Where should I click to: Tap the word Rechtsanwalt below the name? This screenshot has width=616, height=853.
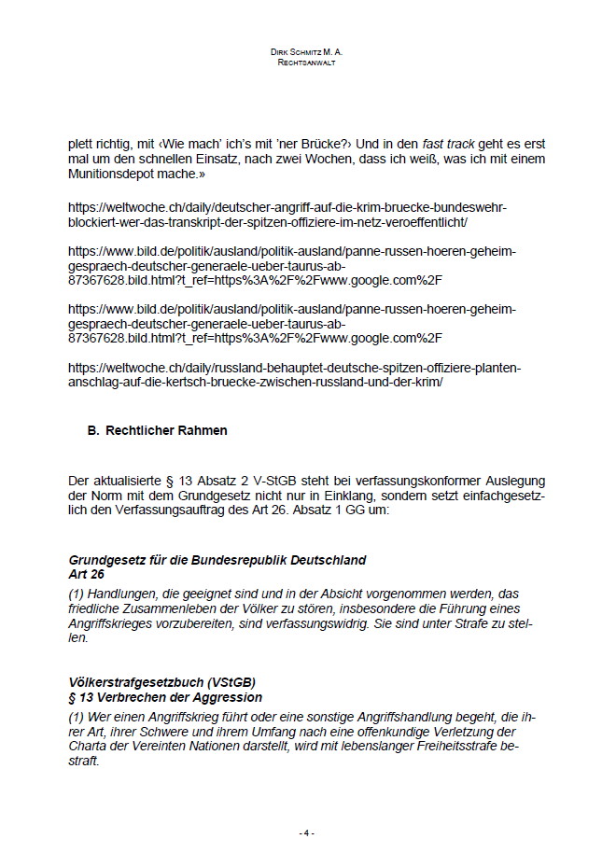(307, 63)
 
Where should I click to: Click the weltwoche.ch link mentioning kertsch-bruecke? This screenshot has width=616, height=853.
(295, 375)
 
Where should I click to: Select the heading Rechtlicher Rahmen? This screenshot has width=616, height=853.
(166, 431)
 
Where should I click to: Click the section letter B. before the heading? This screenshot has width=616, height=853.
(92, 431)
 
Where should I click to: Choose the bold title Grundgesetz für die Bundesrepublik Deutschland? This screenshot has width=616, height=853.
(217, 560)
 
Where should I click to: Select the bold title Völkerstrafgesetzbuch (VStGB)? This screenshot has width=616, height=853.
(162, 682)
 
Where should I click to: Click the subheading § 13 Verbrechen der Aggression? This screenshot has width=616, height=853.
(165, 697)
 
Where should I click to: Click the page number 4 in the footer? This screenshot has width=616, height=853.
(307, 832)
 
